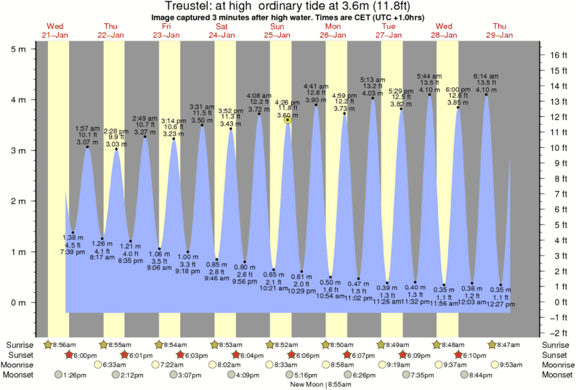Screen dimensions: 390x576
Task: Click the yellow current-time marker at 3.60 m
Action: click(288, 120)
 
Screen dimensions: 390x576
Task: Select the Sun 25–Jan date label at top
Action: click(277, 31)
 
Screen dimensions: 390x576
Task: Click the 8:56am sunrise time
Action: click(60, 344)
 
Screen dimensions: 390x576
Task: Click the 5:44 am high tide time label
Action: click(429, 76)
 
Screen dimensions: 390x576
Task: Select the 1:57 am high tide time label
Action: click(87, 128)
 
